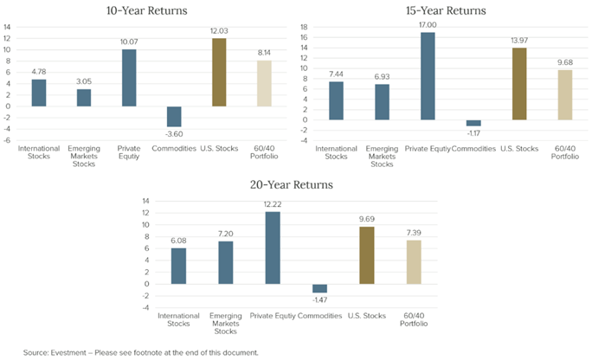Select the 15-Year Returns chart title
coord(445,10)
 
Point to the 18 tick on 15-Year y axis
coord(304,28)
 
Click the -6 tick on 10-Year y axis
coord(8,139)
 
